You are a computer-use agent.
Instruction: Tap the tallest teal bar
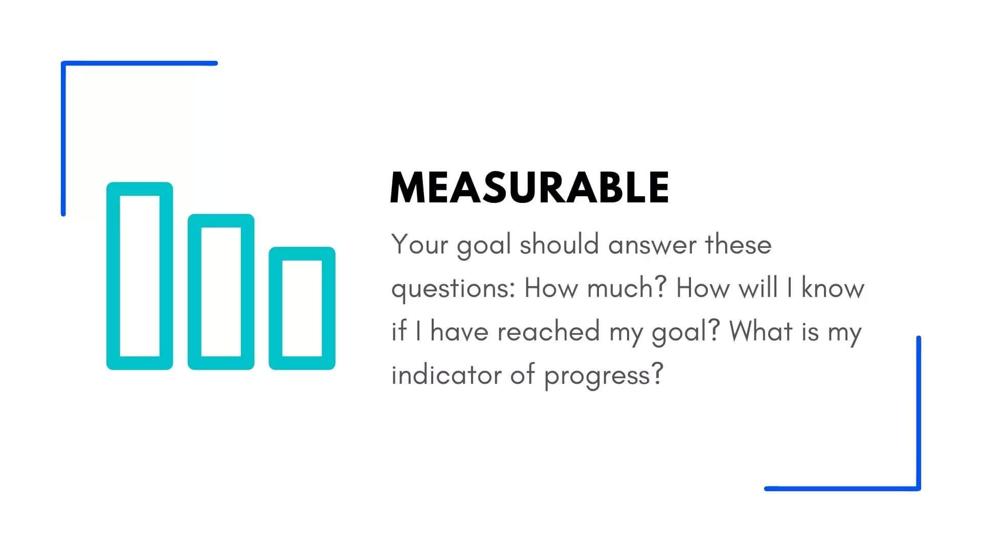[x=113, y=276]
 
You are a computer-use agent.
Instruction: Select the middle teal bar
[x=194, y=292]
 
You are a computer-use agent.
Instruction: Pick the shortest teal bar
[x=276, y=308]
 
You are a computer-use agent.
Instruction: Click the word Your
[x=419, y=244]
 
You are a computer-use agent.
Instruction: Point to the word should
[x=559, y=244]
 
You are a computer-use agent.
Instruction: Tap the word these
[x=738, y=244]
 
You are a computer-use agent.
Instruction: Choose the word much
[x=627, y=288]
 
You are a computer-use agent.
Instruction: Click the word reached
[x=548, y=331]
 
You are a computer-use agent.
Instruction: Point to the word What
[x=761, y=331]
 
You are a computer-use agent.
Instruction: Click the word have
[x=459, y=331]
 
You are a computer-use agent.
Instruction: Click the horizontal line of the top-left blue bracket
[x=139, y=63]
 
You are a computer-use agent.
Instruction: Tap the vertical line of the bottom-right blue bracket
[x=919, y=413]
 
